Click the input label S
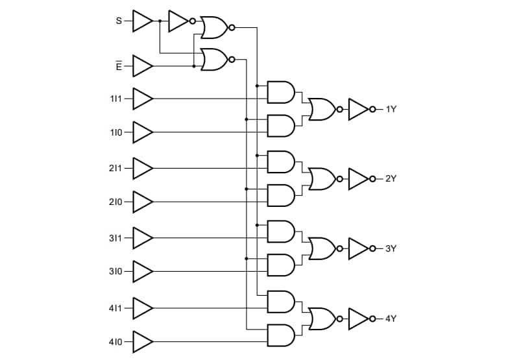[119, 21]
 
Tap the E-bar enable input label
[118, 66]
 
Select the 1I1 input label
[115, 99]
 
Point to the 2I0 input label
[115, 202]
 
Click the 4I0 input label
[115, 341]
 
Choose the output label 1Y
[391, 110]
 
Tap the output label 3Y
[391, 248]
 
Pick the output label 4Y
[391, 318]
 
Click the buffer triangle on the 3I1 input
[142, 237]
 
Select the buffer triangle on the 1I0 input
[142, 132]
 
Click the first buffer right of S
[142, 21]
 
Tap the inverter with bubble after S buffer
[179, 21]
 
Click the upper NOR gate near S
[215, 27]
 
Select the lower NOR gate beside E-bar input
[215, 60]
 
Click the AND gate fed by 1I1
[281, 92]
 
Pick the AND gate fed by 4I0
[281, 334]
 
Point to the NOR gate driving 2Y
[322, 178]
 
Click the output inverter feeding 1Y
[359, 110]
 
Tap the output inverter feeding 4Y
[359, 318]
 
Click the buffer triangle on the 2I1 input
[142, 168]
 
